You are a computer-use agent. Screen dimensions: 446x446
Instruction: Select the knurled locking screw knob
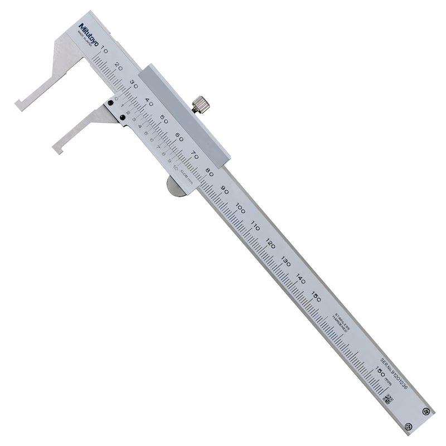201,104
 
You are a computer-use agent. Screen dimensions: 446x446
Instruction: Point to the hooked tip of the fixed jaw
19,104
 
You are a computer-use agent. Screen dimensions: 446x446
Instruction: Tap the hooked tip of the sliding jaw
57,149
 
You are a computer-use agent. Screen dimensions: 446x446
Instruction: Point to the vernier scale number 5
146,134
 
